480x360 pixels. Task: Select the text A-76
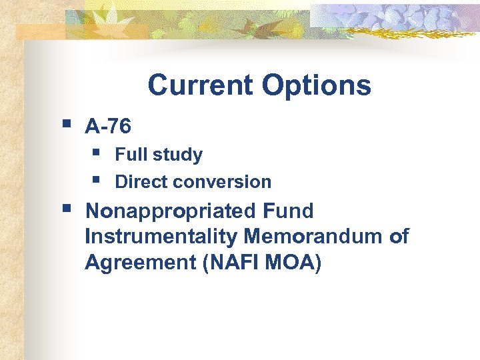click(108, 126)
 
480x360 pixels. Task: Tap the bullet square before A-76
click(65, 123)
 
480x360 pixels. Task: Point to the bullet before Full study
click(97, 153)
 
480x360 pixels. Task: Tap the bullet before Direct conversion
click(97, 179)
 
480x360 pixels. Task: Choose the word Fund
click(289, 211)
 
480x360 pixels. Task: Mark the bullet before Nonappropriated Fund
click(65, 209)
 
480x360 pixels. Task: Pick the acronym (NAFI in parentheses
click(218, 263)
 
